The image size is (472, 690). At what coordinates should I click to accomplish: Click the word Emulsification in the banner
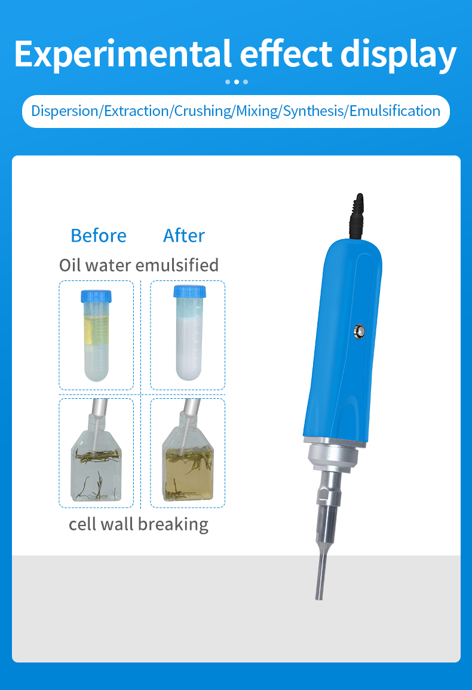click(x=394, y=111)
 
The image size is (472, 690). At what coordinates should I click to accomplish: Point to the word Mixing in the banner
click(x=257, y=111)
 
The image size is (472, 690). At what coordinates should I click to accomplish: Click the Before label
click(x=99, y=236)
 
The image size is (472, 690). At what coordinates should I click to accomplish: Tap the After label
click(x=184, y=236)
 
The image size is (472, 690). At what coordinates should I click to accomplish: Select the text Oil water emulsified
click(x=139, y=265)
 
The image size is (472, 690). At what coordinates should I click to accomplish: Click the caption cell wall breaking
click(x=139, y=524)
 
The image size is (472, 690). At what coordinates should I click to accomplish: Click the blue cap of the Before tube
click(x=96, y=296)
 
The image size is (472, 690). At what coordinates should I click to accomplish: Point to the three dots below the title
click(x=237, y=82)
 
